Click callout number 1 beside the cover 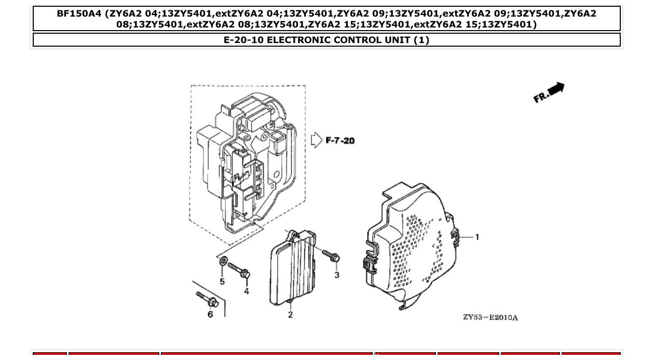(477, 237)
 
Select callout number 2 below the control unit (290, 314)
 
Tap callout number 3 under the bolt (336, 274)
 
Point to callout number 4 (246, 292)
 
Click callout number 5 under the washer (222, 282)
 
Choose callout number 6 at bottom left (210, 314)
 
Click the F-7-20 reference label (340, 141)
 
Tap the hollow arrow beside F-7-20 (317, 141)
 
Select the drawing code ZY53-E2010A (490, 317)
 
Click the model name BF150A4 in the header (79, 14)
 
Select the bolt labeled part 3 (331, 255)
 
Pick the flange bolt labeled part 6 (207, 299)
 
